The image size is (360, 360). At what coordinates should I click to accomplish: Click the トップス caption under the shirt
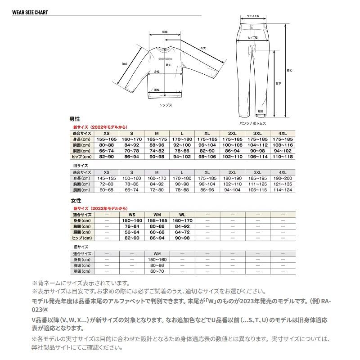point(166,104)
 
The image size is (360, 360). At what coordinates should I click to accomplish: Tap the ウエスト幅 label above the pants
point(253,16)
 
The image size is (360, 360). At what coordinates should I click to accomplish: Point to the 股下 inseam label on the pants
point(278,84)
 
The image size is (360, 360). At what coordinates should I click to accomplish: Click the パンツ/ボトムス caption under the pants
point(253,123)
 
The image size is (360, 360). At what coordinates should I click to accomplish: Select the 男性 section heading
point(74,119)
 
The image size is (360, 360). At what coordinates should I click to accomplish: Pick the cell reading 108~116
point(283,145)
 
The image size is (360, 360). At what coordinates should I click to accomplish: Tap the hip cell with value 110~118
point(283,156)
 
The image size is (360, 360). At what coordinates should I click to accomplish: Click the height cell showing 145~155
point(106,178)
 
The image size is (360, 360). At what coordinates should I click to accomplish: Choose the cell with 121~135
point(283,184)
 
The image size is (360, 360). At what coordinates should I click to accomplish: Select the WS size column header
point(131,215)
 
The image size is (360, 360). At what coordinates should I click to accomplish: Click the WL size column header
point(182,215)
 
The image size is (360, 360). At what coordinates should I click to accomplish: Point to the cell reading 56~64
point(131,232)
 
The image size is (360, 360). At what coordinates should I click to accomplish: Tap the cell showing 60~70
point(157,271)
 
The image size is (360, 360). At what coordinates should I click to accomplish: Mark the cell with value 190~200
point(283,178)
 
